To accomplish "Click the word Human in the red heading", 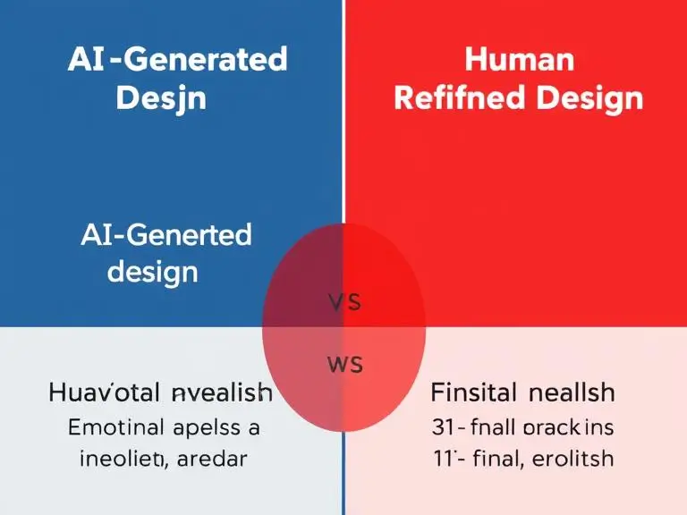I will [518, 61].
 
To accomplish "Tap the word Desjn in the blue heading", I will [160, 97].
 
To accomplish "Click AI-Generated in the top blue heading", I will [177, 60].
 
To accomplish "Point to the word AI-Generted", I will [165, 236].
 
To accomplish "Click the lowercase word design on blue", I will [153, 270].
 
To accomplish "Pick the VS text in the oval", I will [343, 302].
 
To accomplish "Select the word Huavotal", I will [106, 393].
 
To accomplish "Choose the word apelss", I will [214, 427].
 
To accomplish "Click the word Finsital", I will [473, 393].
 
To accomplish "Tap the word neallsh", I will [571, 393].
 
